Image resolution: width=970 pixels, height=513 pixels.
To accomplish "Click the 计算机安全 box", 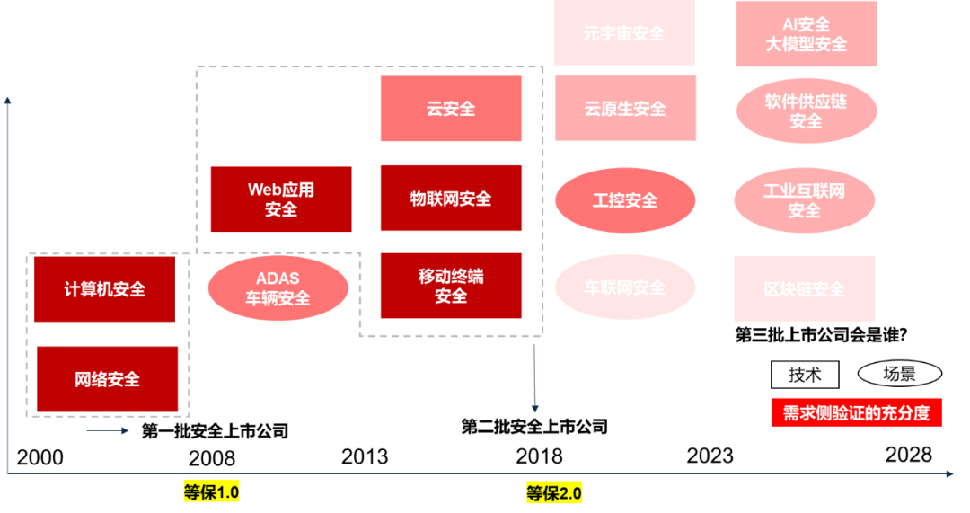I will tap(104, 289).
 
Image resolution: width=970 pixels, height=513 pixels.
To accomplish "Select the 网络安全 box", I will tap(108, 379).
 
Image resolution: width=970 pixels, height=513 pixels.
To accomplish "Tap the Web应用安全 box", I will tap(281, 199).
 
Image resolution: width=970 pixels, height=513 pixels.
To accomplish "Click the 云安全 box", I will tap(451, 109).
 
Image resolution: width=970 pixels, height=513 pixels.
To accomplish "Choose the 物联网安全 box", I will tap(451, 199).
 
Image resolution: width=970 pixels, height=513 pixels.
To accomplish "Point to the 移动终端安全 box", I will tap(451, 287).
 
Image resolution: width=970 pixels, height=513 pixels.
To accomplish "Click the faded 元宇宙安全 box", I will tap(624, 33).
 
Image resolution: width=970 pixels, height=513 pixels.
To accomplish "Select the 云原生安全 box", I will tap(625, 109).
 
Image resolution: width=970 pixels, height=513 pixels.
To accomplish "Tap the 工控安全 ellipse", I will tap(625, 200).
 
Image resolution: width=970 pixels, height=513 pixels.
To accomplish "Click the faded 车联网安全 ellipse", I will tap(625, 288).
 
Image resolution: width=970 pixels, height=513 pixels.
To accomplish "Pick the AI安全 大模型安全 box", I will tap(807, 34).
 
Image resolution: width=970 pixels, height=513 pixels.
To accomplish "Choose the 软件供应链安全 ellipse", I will tap(807, 111).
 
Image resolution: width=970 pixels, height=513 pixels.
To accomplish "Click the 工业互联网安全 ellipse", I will tap(804, 200).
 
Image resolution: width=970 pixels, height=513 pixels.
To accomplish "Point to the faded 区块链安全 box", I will tap(804, 288).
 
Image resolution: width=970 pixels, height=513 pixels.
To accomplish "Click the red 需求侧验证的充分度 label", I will tap(856, 412).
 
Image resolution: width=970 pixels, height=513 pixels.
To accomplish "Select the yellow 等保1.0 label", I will tap(212, 492).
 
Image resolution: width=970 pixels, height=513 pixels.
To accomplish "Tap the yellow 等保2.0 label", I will tap(554, 493).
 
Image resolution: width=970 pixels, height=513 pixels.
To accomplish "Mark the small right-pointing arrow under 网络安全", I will tap(110, 431).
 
